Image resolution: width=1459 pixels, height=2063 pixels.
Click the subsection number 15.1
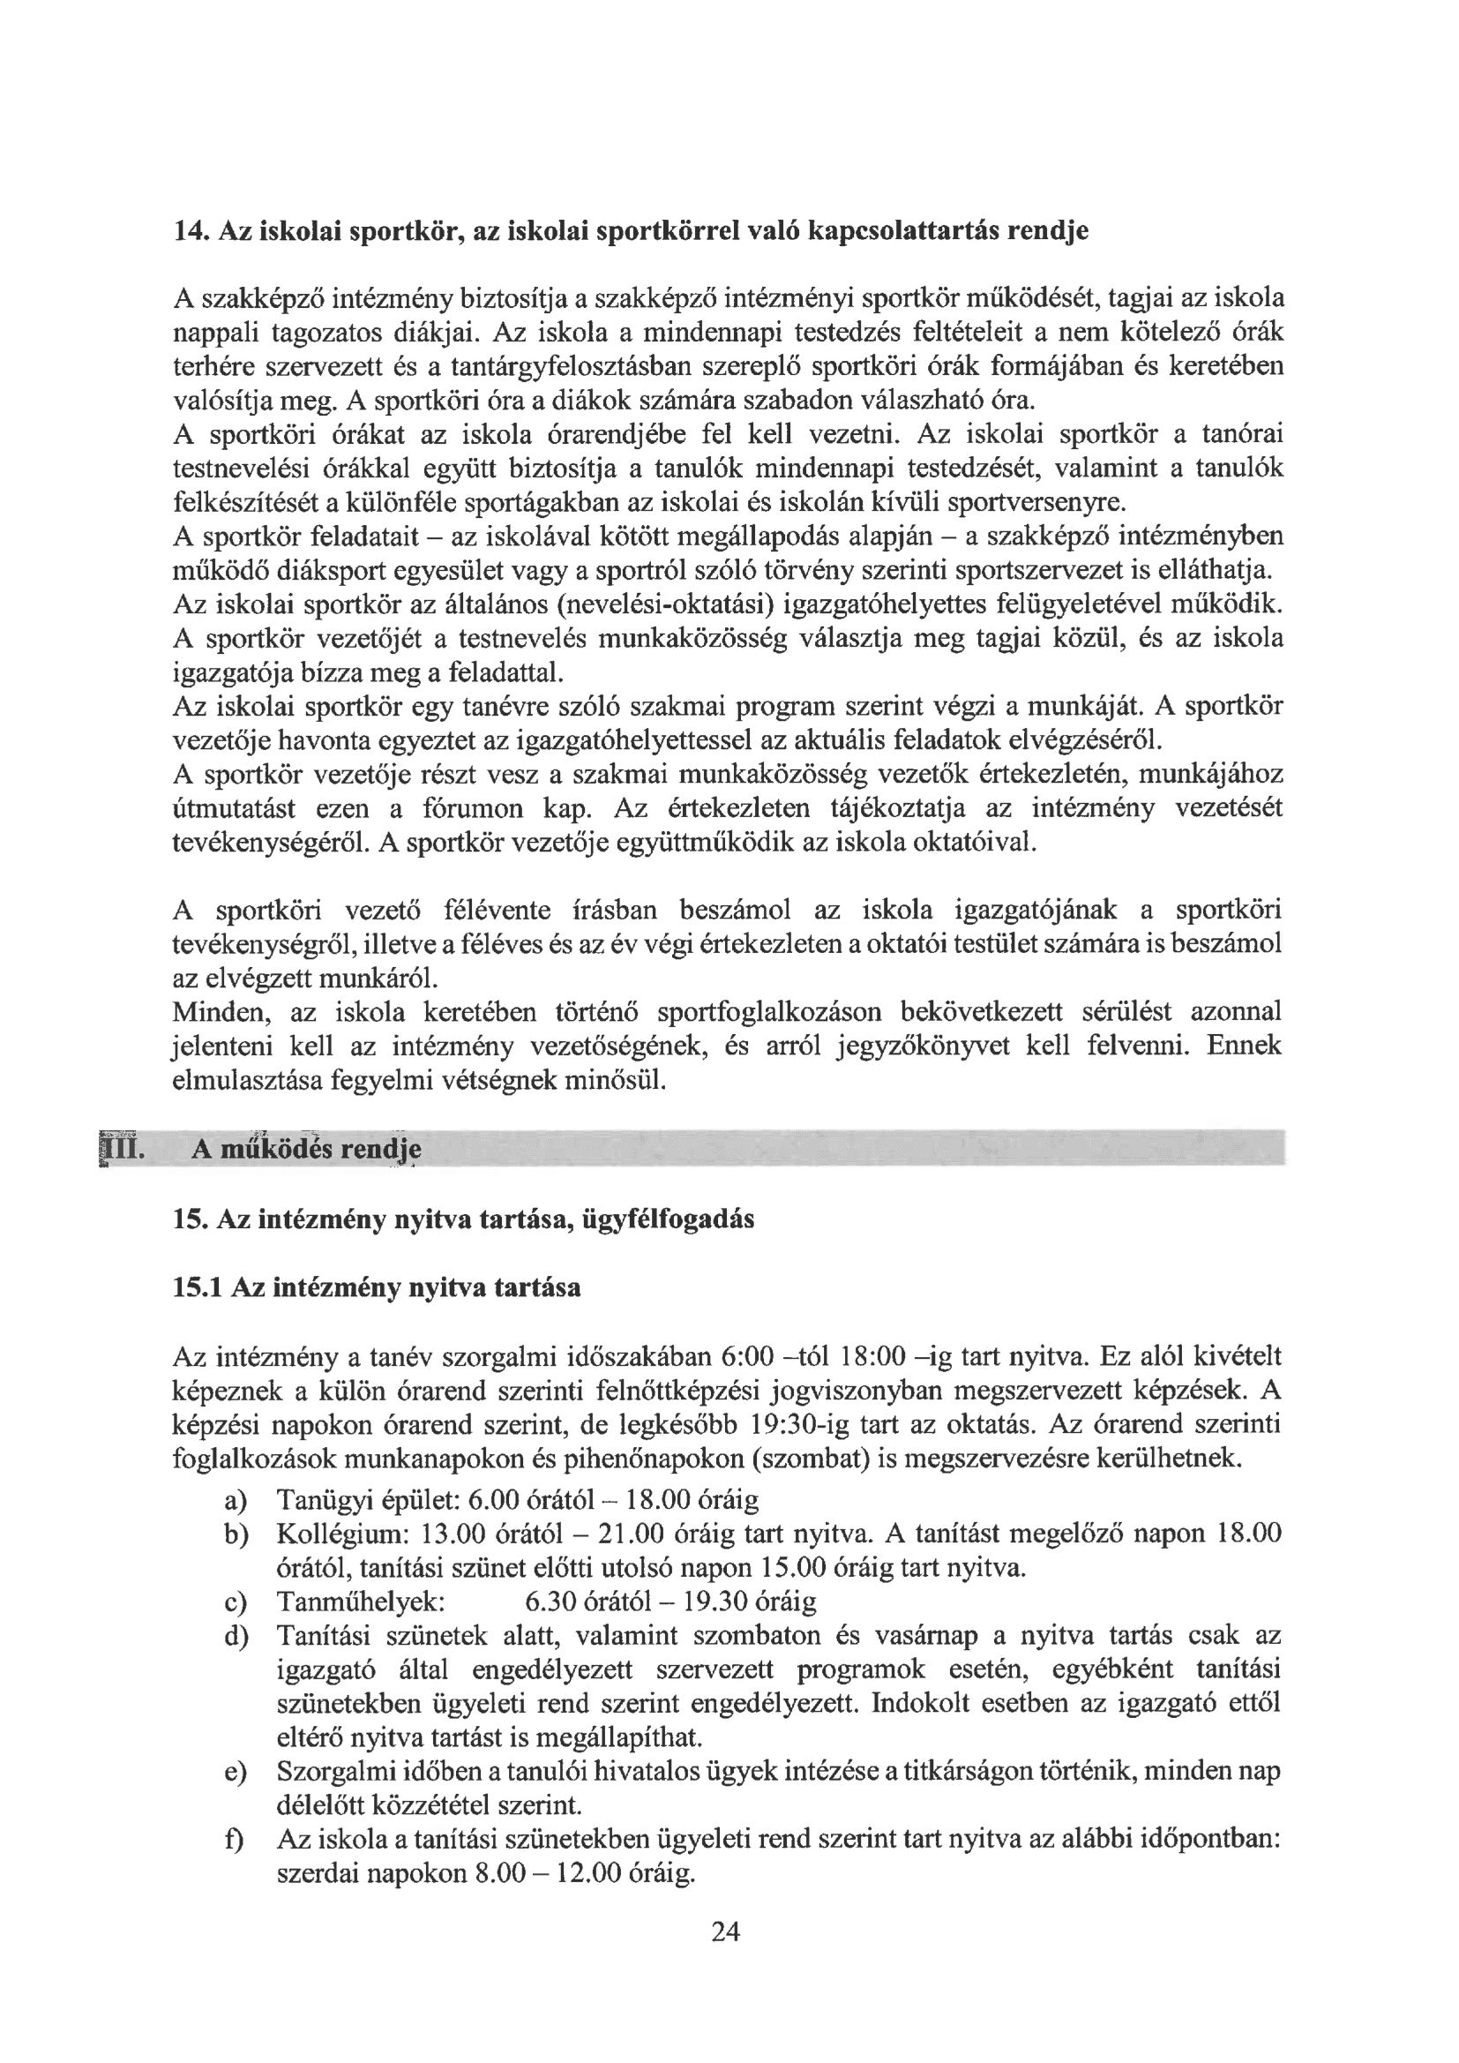[x=197, y=1288]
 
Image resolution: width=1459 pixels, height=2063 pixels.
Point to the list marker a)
[x=236, y=1501]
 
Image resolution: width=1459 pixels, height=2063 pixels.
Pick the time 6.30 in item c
[x=550, y=1602]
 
